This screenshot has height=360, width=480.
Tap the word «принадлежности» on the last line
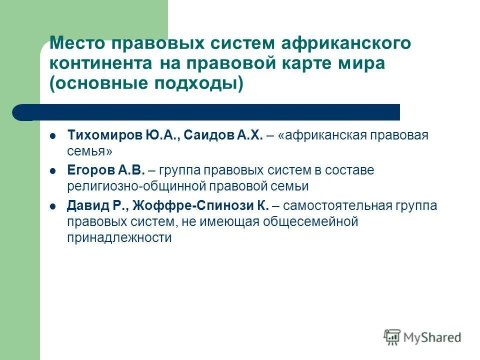coord(119,237)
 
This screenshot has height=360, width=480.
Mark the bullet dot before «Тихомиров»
coord(53,136)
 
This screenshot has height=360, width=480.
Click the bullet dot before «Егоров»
coord(53,171)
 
